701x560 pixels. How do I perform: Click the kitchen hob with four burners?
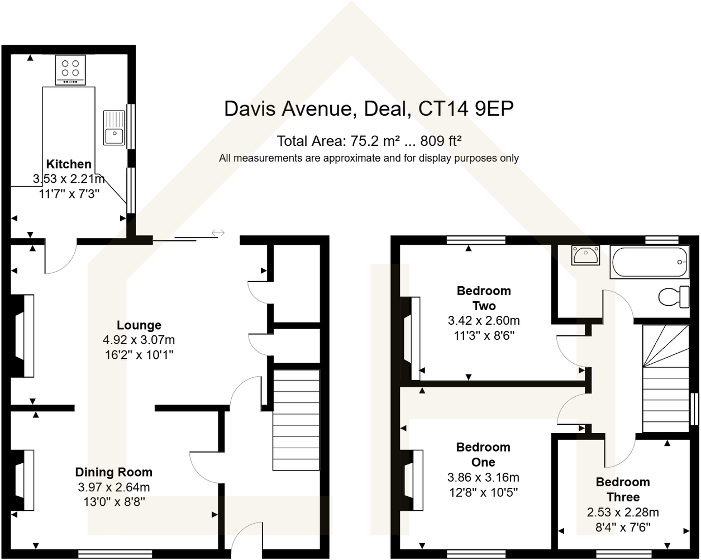coord(70,69)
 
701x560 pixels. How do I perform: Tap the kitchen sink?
coord(114,128)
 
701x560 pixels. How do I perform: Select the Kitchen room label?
coord(69,164)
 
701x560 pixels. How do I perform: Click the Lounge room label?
coord(139,325)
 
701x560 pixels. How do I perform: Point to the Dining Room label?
coord(114,472)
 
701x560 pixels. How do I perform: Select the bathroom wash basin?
coord(585,255)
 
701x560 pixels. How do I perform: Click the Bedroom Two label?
coord(484,298)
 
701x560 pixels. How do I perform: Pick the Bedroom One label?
coord(483,454)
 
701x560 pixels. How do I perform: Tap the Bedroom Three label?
coord(623,490)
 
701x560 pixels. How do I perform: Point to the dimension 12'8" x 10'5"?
coord(483,492)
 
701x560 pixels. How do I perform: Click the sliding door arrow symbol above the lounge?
coord(218,232)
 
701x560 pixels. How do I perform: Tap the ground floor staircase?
coord(296,419)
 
